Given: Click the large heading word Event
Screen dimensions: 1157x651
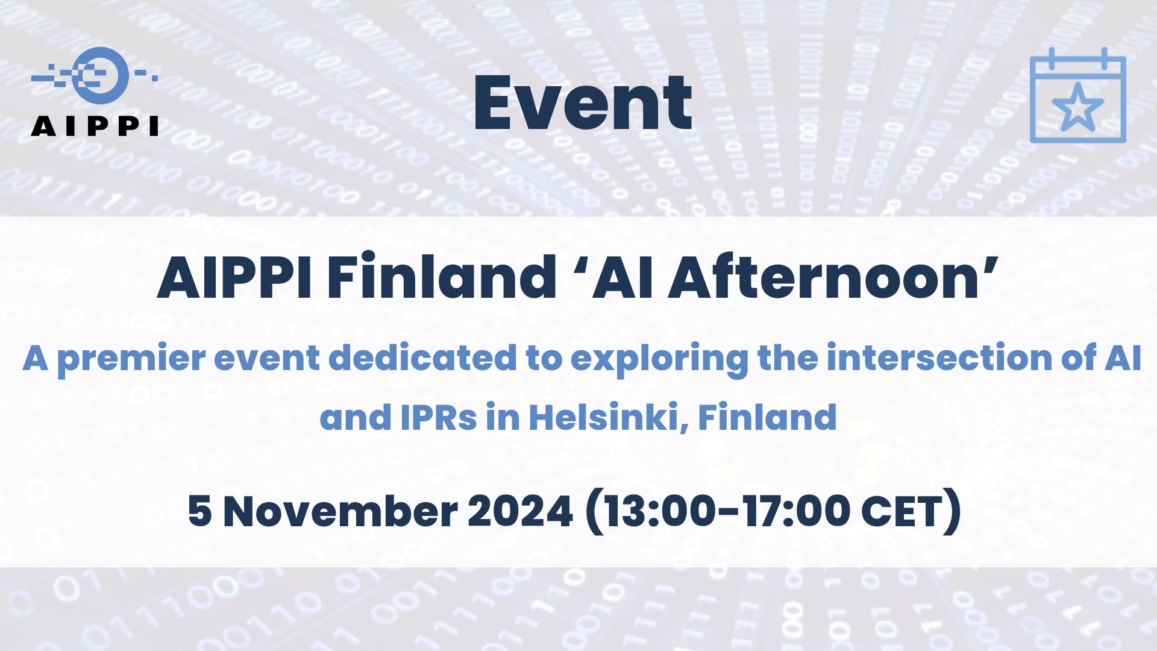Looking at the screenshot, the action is point(583,102).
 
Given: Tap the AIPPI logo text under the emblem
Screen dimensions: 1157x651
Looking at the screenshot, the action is point(95,126).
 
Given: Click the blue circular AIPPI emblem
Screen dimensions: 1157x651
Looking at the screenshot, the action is point(100,75).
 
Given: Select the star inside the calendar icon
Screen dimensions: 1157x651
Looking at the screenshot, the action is point(1077,107).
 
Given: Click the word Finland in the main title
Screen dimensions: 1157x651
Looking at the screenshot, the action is point(442,278).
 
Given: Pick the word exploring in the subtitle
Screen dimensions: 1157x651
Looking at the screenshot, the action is point(659,359).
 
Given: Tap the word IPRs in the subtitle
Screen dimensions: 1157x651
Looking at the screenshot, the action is point(439,417).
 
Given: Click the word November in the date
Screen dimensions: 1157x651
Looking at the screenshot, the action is point(340,512).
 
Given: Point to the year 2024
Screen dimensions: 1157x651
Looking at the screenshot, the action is point(520,512).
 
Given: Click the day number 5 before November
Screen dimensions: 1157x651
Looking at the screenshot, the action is point(200,512).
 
